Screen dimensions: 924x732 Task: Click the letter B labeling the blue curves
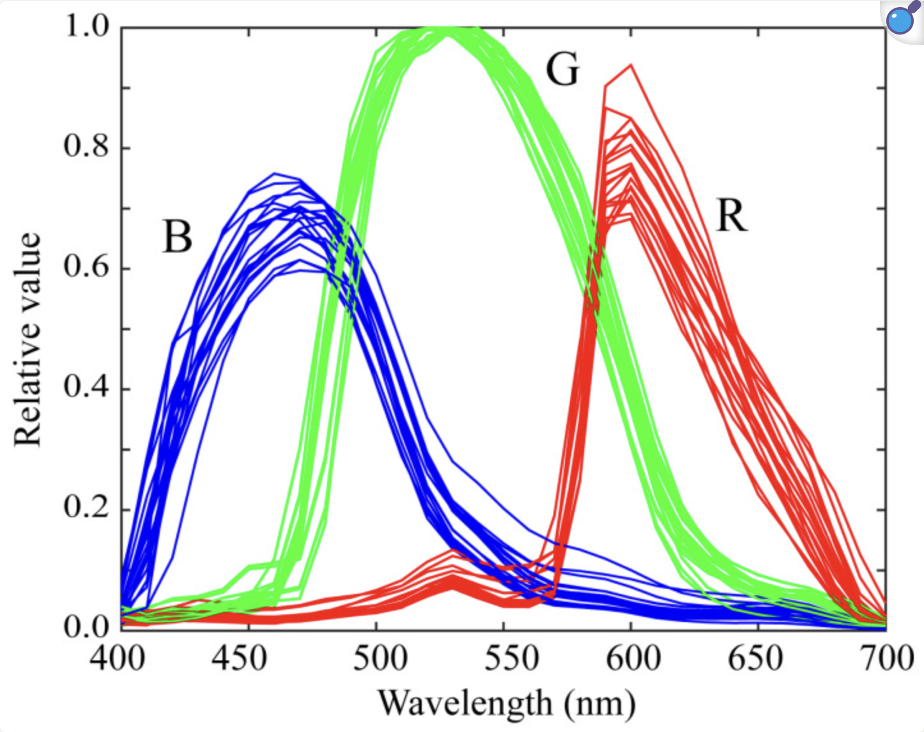point(178,237)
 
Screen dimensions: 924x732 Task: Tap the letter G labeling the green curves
point(562,69)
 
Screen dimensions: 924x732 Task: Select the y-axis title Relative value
point(27,340)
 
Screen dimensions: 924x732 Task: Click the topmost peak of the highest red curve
point(631,65)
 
